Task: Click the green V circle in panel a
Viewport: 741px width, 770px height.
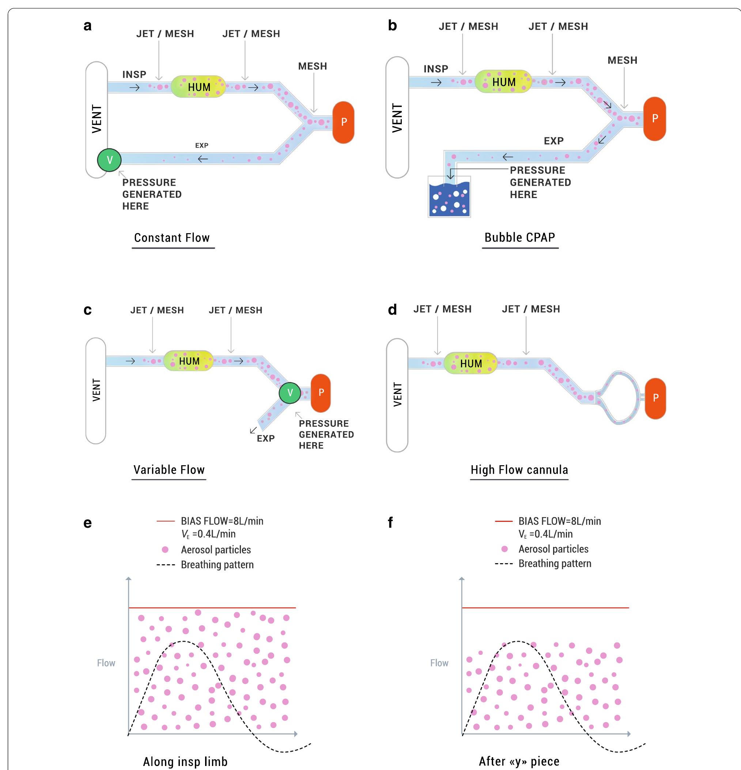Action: [109, 160]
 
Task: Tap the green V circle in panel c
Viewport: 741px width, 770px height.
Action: [290, 392]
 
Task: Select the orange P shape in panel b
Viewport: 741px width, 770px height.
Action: [655, 119]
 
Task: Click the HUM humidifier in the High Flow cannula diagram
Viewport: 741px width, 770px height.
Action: [471, 363]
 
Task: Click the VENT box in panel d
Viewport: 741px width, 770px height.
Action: [397, 395]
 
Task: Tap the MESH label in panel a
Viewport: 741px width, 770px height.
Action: [312, 67]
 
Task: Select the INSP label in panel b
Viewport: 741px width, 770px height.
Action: [436, 69]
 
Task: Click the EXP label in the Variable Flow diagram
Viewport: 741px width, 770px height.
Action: [266, 439]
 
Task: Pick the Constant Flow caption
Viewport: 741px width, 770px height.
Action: [172, 238]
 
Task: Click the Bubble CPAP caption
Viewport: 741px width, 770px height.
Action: [519, 237]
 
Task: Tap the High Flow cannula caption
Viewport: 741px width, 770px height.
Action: [519, 470]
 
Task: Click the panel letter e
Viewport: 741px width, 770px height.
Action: [88, 523]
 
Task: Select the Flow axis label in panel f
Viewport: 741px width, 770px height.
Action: [439, 663]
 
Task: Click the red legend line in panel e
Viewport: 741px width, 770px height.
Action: [165, 521]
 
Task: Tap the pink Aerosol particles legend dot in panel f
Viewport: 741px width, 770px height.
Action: [504, 549]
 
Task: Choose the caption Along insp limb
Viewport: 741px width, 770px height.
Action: [185, 761]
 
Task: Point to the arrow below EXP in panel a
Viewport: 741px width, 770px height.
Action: [203, 159]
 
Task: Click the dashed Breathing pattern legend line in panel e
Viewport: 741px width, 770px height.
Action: [165, 565]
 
